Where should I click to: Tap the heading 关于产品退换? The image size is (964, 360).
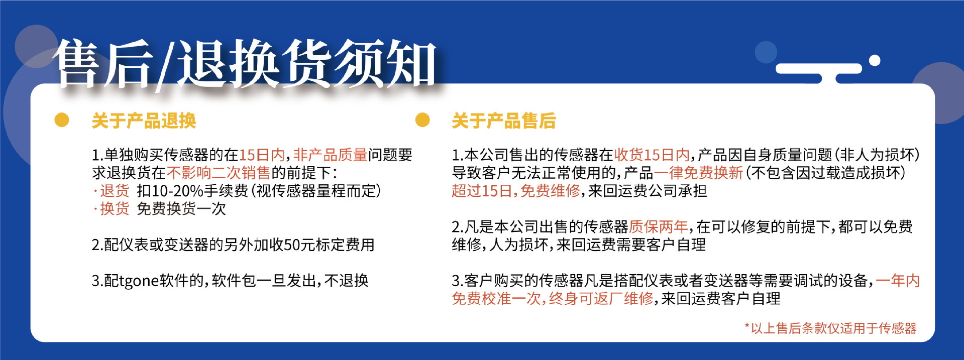click(x=144, y=121)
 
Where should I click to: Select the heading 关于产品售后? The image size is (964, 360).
click(x=503, y=121)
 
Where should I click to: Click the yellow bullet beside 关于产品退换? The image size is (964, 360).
click(x=62, y=120)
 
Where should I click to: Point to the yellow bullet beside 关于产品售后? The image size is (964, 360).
click(x=423, y=120)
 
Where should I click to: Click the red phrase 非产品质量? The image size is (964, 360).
click(x=330, y=155)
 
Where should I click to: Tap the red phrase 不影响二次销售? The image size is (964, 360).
click(x=219, y=173)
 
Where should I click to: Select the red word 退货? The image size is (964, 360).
click(x=115, y=191)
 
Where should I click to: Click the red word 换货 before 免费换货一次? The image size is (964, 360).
click(x=115, y=209)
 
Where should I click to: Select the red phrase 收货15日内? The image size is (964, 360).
click(x=652, y=155)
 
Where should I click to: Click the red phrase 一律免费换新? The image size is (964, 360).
click(x=698, y=173)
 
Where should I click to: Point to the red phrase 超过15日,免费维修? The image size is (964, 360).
click(x=515, y=191)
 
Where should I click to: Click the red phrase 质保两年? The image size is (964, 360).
click(x=658, y=227)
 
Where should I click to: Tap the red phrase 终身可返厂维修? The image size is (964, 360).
click(x=601, y=299)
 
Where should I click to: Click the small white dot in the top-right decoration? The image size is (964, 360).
click(x=875, y=61)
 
